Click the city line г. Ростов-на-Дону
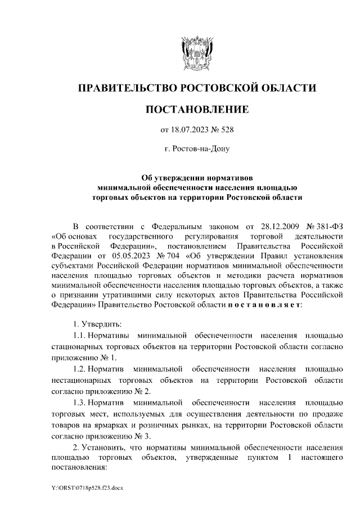[196, 149]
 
